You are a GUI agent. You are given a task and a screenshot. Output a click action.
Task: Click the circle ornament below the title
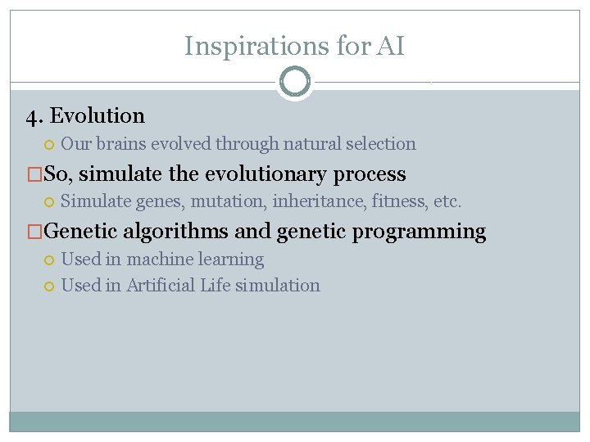tap(294, 82)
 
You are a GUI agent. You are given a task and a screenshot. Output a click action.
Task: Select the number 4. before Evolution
tap(34, 116)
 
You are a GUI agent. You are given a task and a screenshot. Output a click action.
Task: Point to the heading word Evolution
tap(98, 116)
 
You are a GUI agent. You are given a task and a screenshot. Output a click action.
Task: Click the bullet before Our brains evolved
tap(48, 145)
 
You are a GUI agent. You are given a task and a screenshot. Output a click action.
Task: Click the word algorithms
tap(176, 232)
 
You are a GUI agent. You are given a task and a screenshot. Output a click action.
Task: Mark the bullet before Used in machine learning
tap(48, 260)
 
